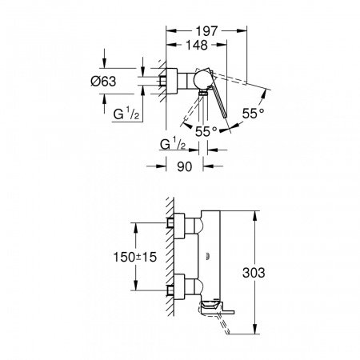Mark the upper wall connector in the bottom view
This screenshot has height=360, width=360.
click(182, 224)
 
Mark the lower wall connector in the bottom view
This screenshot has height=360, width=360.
click(182, 286)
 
